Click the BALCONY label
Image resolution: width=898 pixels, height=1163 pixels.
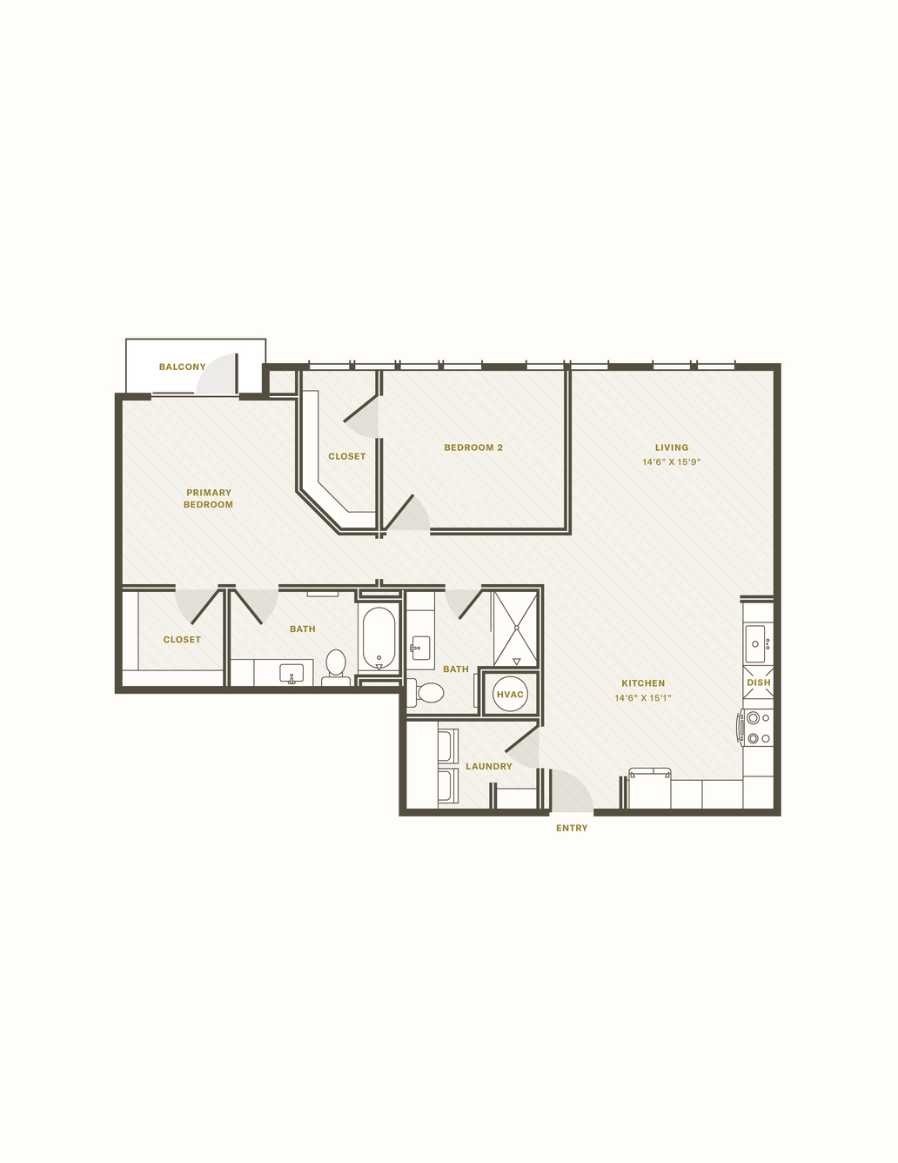[183, 366]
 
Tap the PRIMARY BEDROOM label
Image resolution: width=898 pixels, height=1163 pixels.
[208, 498]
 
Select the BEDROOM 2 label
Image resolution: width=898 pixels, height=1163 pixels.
[473, 447]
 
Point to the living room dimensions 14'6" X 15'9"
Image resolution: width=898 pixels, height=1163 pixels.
[671, 462]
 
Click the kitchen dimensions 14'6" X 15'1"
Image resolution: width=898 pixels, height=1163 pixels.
[643, 698]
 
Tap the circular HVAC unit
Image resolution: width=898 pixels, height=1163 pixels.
[510, 694]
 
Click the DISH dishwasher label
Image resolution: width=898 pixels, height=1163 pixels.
[759, 682]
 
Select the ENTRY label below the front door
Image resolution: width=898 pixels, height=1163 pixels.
[572, 828]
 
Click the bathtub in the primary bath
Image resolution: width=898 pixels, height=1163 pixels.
[379, 638]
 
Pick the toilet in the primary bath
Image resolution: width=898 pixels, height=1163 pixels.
[336, 667]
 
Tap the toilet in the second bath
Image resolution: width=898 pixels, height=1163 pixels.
[426, 693]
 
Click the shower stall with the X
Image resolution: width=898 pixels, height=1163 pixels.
[516, 629]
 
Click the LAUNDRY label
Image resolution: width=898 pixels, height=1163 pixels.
[489, 766]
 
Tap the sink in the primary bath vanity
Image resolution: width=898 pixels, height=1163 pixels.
[292, 673]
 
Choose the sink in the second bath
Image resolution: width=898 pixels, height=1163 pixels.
[420, 649]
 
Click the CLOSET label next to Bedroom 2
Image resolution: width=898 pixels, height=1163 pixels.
[347, 456]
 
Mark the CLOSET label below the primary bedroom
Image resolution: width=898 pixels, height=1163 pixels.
[182, 640]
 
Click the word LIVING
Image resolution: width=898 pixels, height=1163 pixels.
[672, 447]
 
